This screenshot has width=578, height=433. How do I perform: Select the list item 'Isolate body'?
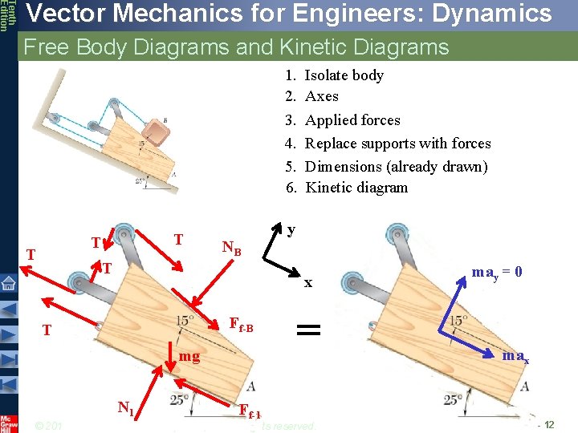pos(344,75)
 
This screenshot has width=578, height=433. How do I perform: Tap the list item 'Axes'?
pos(322,96)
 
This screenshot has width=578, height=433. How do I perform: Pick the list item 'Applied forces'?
pos(352,120)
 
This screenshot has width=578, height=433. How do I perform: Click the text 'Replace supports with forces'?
pos(398,144)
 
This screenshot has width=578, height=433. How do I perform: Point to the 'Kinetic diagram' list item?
pos(356,188)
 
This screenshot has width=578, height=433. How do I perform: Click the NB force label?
pos(231,249)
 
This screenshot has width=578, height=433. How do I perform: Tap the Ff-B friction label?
pos(241,325)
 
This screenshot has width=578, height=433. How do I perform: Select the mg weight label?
pos(189,355)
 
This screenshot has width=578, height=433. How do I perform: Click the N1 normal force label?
pos(125,407)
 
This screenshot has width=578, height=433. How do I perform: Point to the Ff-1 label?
pos(250,411)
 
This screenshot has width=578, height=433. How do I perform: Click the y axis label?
pos(291,229)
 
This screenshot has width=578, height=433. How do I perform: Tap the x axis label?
pos(307,282)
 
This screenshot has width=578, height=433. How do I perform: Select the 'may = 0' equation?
pos(497,273)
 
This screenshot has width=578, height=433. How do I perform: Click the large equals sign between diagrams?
pos(309,329)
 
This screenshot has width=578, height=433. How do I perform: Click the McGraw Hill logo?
pos(8,423)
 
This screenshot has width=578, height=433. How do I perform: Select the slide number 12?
pos(548,424)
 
